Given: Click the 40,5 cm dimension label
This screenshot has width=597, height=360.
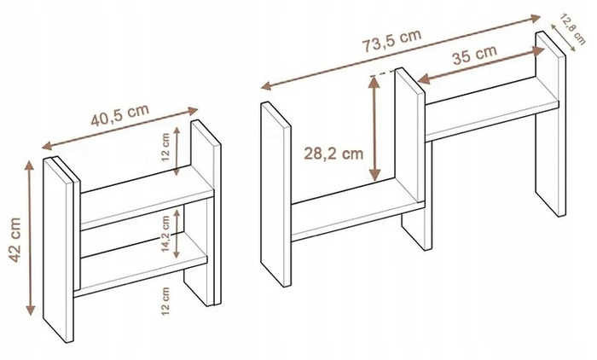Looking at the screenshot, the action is click(x=120, y=114).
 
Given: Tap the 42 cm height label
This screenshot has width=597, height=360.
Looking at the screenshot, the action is click(x=15, y=240).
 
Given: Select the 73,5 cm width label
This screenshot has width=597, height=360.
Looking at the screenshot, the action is click(x=391, y=40).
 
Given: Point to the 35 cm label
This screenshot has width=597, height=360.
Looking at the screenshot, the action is click(x=475, y=55).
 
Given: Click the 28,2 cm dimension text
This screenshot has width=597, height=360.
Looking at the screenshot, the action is click(x=333, y=154).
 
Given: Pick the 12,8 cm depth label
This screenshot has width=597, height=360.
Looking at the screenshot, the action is click(x=572, y=29).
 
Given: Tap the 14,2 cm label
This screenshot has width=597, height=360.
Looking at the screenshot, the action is click(x=165, y=234).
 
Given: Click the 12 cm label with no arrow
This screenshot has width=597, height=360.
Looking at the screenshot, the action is click(x=165, y=301).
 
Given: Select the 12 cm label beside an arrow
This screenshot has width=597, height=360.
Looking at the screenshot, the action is click(x=165, y=148).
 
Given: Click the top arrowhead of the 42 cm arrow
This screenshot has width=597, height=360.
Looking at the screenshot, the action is click(x=30, y=165).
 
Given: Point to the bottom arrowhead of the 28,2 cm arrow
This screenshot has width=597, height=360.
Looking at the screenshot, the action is click(x=375, y=176).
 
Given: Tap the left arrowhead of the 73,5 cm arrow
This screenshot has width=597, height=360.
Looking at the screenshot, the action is click(x=266, y=86).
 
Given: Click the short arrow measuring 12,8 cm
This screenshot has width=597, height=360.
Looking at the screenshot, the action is click(x=564, y=37).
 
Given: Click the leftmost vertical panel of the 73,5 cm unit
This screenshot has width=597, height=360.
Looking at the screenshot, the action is click(x=275, y=194).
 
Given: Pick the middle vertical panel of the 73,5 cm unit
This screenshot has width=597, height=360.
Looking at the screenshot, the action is click(x=409, y=136).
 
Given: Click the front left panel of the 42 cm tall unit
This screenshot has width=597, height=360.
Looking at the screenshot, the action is click(x=58, y=249).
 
